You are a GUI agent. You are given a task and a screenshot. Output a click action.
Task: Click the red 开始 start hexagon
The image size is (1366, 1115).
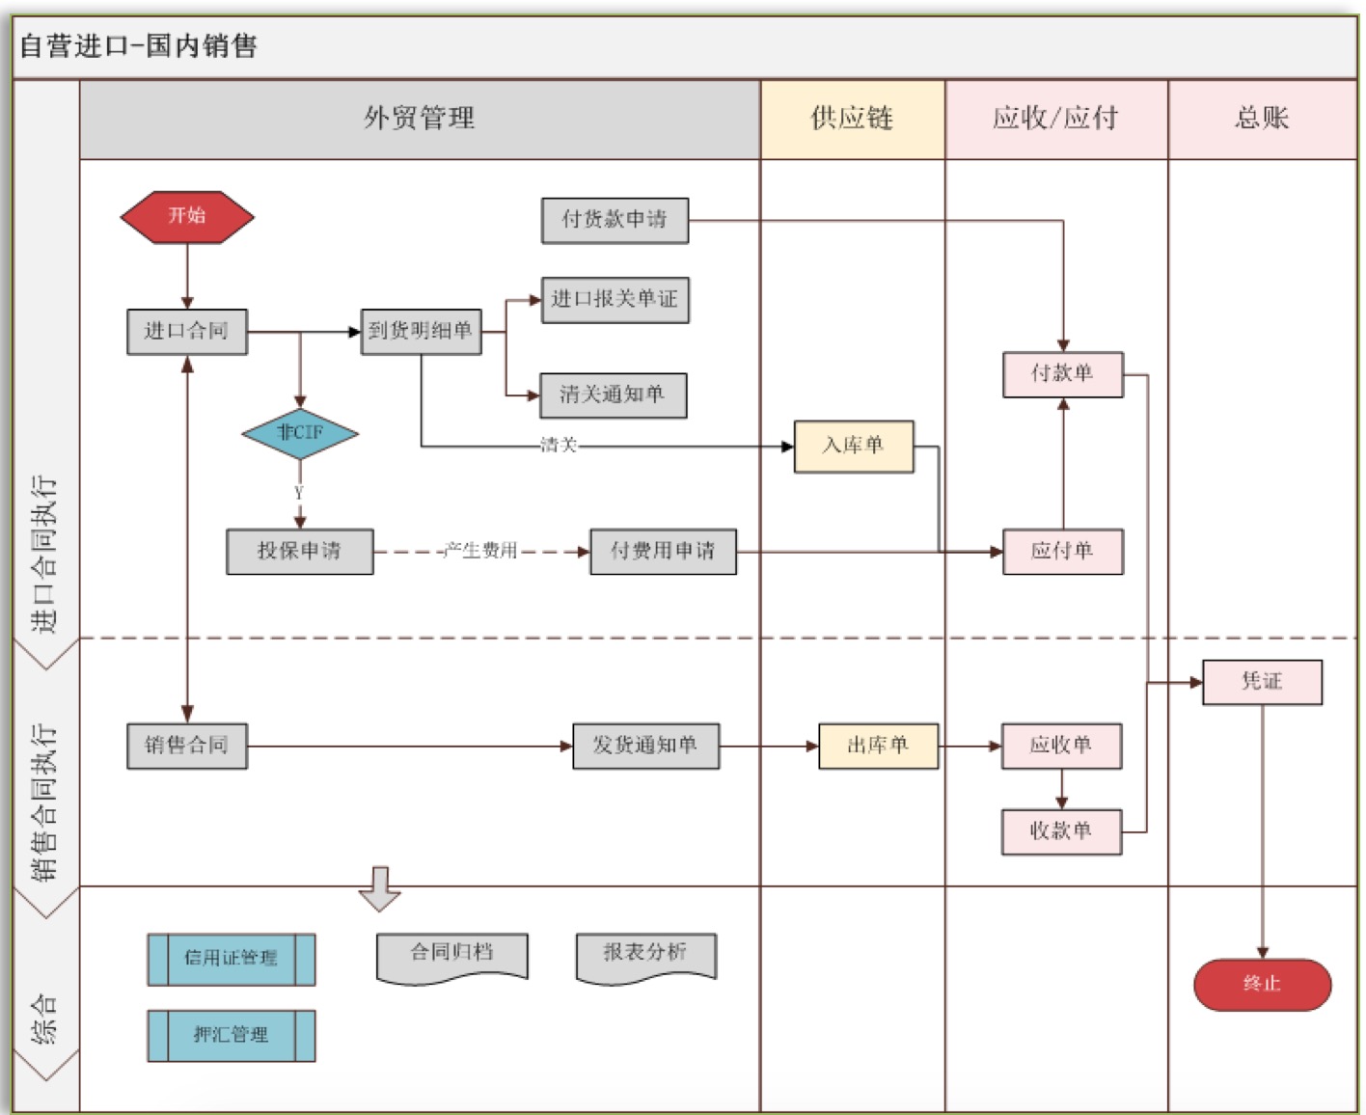pyautogui.click(x=187, y=216)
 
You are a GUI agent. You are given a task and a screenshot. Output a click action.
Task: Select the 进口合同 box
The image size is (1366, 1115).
pyautogui.click(x=186, y=332)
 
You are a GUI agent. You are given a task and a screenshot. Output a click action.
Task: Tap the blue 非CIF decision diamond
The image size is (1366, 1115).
pyautogui.click(x=300, y=433)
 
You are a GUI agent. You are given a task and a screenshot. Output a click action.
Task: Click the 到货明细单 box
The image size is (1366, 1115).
pyautogui.click(x=421, y=332)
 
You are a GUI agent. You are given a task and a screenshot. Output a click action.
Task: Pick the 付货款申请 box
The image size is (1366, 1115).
pyautogui.click(x=615, y=220)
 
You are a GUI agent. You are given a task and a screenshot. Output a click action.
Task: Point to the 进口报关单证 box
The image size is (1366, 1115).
pyautogui.click(x=615, y=300)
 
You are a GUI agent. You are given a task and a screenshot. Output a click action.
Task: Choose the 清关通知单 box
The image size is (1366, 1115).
pyautogui.click(x=613, y=395)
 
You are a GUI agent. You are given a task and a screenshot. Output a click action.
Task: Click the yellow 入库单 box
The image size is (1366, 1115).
pyautogui.click(x=853, y=446)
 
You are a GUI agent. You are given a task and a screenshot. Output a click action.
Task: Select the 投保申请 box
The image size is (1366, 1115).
pyautogui.click(x=299, y=552)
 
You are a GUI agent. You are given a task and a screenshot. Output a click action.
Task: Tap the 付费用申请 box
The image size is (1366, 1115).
pyautogui.click(x=663, y=552)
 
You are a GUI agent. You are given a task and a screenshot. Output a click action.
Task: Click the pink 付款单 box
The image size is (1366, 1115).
pyautogui.click(x=1062, y=374)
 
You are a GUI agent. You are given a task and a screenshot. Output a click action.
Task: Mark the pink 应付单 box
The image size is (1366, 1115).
pyautogui.click(x=1062, y=552)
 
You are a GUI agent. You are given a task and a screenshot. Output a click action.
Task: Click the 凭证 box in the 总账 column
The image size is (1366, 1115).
pyautogui.click(x=1262, y=682)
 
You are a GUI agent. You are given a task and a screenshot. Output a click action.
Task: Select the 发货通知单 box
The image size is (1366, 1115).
pyautogui.click(x=645, y=746)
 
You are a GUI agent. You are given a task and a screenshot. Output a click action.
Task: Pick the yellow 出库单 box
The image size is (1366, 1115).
pyautogui.click(x=878, y=746)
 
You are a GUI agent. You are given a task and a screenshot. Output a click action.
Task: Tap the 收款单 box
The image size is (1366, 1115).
pyautogui.click(x=1061, y=831)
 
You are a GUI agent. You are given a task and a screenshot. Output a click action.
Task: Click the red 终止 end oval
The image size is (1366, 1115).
pyautogui.click(x=1262, y=985)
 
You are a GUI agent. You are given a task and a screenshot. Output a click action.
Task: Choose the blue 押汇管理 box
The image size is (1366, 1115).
pyautogui.click(x=231, y=1036)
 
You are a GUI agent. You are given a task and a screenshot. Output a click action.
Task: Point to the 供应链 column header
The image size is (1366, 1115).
pyautogui.click(x=852, y=119)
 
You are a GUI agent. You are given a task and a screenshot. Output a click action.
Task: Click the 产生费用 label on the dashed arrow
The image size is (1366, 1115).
pyautogui.click(x=480, y=551)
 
